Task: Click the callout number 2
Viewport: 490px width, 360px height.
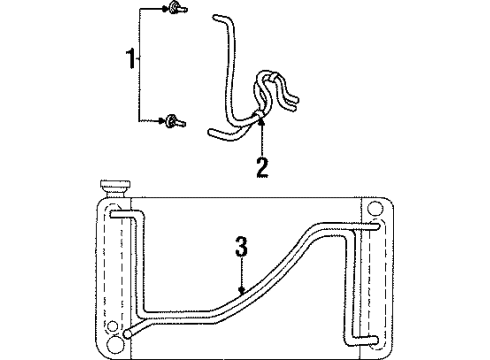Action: [262, 167]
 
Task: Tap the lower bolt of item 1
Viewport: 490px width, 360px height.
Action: [175, 122]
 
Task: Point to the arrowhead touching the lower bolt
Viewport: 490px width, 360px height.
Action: [165, 121]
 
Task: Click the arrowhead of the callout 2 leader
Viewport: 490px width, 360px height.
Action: [261, 126]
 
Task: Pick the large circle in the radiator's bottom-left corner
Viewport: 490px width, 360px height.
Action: [116, 345]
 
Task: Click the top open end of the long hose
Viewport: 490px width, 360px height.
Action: [217, 18]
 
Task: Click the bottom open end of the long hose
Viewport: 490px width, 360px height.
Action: [210, 133]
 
